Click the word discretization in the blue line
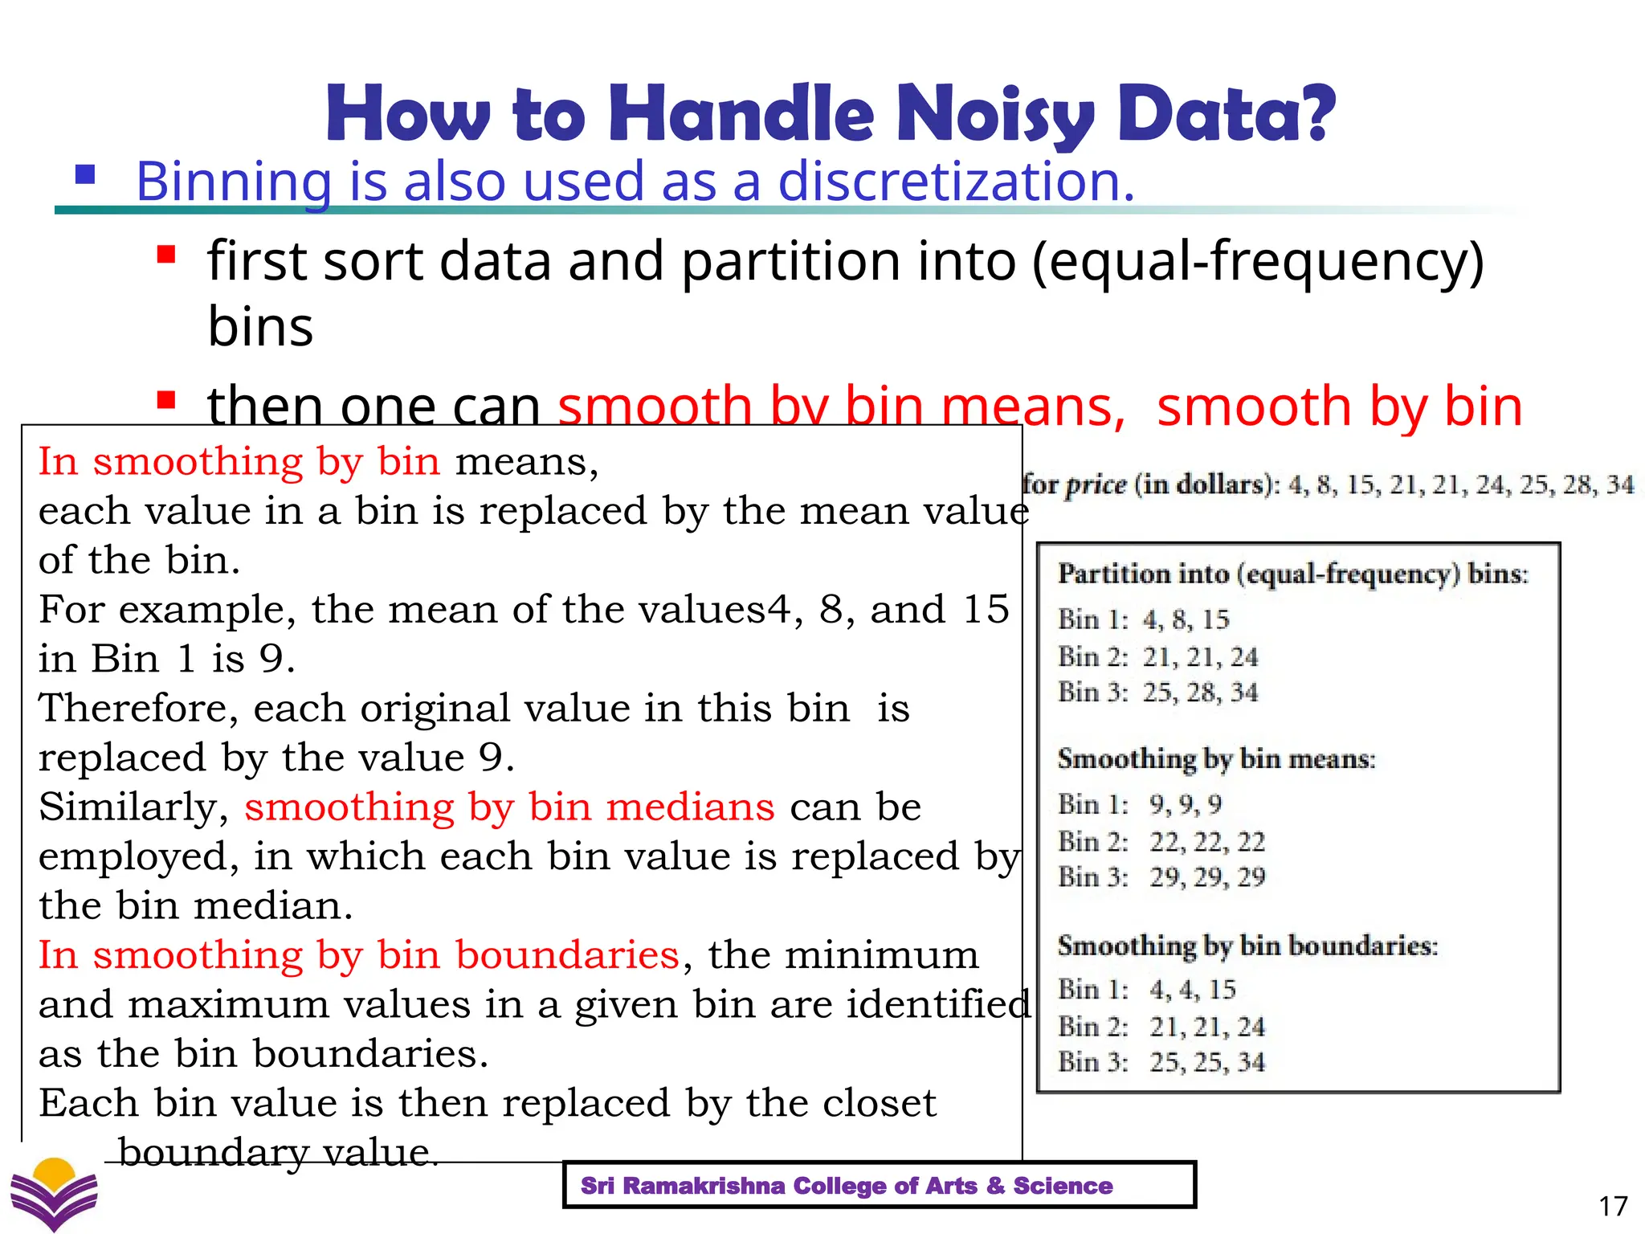coord(956,181)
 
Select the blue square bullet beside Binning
coord(85,175)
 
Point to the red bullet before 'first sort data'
coord(166,255)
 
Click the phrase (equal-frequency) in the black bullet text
coord(1258,261)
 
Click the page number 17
coord(1613,1206)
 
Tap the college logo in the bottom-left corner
coord(54,1194)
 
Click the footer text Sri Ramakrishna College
coord(847,1186)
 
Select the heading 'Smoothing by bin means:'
coord(1216,759)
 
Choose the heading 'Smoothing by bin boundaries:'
coord(1247,946)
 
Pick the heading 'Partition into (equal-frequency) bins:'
coord(1292,574)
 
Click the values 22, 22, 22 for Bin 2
coord(1206,842)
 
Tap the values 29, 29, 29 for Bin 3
coord(1206,877)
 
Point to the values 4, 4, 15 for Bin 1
coord(1192,990)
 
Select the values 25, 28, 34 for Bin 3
coord(1200,693)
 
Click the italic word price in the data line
coord(1096,484)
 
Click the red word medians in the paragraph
coord(690,807)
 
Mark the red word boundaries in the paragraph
coord(567,955)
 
